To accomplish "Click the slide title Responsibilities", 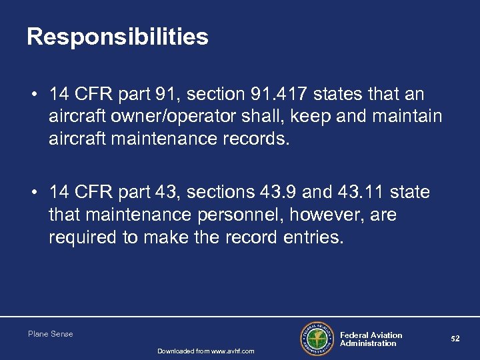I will (117, 37).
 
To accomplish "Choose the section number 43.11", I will (365, 193).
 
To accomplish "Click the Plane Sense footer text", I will (51, 334).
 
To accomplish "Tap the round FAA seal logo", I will (317, 339).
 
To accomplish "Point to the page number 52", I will (455, 339).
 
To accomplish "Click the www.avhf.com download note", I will (206, 351).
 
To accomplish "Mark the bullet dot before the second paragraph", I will (32, 194).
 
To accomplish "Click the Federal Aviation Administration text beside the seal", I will (371, 339).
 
